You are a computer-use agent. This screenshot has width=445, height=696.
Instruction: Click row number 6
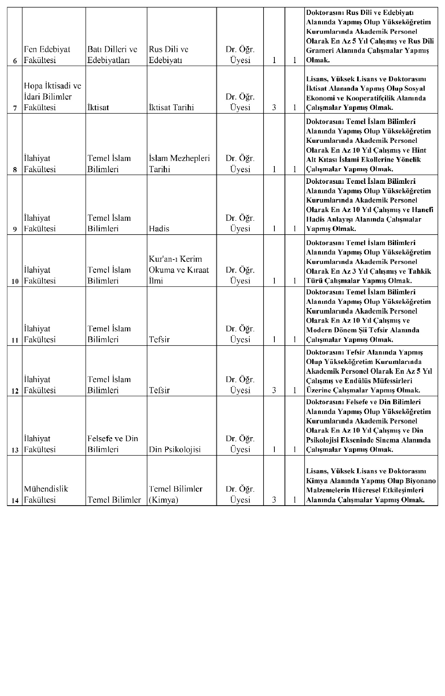click(15, 61)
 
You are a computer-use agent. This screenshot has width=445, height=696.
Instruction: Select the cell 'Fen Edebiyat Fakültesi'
click(47, 55)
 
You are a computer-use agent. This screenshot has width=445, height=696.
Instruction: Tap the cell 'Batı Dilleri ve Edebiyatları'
click(112, 55)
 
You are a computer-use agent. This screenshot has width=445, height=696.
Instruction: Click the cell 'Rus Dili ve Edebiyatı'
click(168, 55)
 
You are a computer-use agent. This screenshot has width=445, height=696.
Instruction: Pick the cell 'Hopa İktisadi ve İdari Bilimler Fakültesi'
click(53, 97)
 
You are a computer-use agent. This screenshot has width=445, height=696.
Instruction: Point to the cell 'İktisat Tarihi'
click(171, 107)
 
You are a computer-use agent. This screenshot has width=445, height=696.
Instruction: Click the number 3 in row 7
click(274, 107)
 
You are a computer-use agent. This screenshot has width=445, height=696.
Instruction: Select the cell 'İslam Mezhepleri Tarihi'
click(179, 163)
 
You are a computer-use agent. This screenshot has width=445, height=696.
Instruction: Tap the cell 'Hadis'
click(159, 229)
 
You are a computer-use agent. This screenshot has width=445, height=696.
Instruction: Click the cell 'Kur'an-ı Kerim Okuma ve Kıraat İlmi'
click(179, 270)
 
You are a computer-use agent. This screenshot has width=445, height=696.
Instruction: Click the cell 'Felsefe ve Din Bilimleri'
click(113, 444)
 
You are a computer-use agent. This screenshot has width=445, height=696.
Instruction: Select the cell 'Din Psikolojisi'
click(175, 449)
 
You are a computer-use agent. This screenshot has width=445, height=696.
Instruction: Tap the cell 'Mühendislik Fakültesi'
click(46, 494)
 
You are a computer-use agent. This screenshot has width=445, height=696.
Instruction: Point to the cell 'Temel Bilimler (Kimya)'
click(176, 494)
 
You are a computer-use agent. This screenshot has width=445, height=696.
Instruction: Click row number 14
click(15, 501)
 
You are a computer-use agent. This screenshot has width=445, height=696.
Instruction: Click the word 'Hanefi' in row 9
click(423, 210)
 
